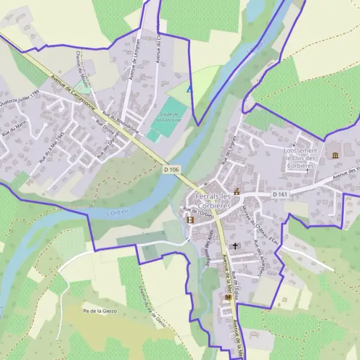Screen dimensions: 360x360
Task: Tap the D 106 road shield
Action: [171, 170]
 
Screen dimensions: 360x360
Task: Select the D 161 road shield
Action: [280, 194]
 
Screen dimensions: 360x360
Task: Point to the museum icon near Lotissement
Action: [334, 155]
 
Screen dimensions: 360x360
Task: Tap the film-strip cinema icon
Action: [190, 220]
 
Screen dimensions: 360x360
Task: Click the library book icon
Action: [227, 297]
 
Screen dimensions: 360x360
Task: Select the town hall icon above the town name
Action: [236, 192]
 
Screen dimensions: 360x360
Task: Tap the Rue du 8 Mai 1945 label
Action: [51, 148]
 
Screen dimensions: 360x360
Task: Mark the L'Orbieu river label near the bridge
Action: [118, 212]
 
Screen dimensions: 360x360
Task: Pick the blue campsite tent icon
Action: [190, 89]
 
